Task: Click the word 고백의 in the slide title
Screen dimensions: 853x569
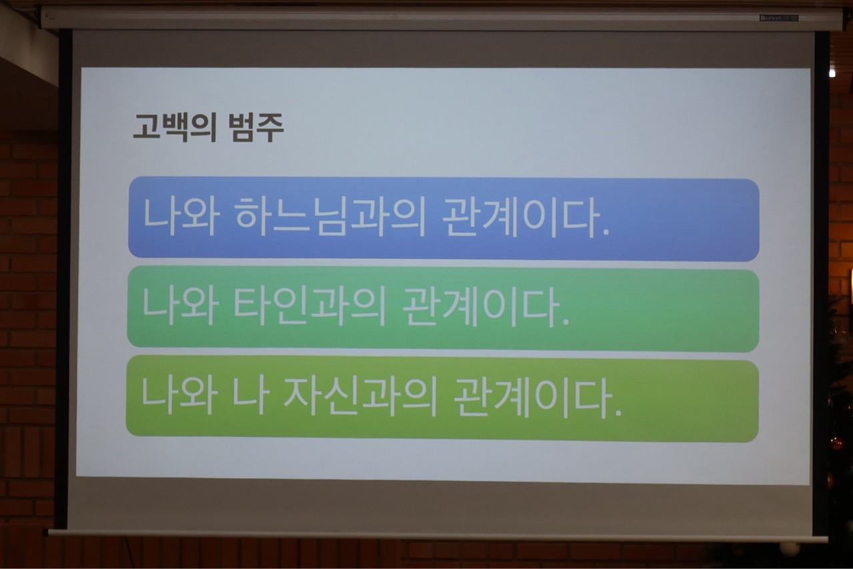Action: [175, 128]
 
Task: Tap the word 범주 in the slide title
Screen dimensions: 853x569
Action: [256, 127]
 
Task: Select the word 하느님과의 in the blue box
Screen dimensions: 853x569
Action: [329, 217]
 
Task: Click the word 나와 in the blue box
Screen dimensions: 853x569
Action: [181, 216]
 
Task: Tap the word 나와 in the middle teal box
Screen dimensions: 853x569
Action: [180, 306]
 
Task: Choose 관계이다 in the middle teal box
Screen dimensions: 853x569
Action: [480, 308]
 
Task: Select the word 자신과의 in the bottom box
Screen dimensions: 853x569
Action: [360, 397]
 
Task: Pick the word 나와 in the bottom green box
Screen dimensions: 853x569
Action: [179, 396]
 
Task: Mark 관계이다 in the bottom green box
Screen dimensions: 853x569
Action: [532, 398]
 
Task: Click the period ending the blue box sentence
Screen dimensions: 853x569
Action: [606, 232]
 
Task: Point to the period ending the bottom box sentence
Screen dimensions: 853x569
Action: [618, 412]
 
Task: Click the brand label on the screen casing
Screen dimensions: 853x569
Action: [779, 18]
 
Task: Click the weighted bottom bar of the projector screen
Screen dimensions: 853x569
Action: [438, 535]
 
